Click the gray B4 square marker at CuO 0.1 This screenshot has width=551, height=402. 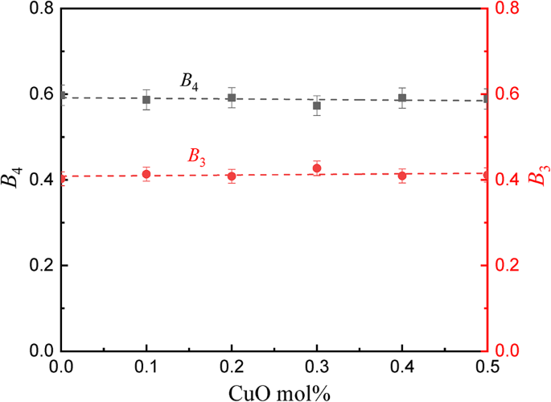click(x=146, y=100)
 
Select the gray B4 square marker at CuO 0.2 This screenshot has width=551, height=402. click(x=232, y=98)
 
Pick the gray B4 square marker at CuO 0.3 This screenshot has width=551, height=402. click(x=317, y=106)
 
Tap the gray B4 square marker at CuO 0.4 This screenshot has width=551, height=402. click(x=402, y=98)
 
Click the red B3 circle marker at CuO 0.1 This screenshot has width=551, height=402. click(x=146, y=174)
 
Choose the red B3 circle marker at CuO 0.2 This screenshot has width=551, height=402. click(x=232, y=176)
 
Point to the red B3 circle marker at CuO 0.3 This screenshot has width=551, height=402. click(x=317, y=168)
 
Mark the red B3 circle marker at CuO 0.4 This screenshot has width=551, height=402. click(x=402, y=176)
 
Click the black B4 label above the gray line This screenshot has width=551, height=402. click(x=189, y=81)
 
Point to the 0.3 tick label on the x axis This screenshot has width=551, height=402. click(x=317, y=367)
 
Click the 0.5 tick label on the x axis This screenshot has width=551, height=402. click(x=487, y=367)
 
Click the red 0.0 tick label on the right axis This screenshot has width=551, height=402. click(x=512, y=351)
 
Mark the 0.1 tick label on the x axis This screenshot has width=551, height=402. click(x=146, y=367)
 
